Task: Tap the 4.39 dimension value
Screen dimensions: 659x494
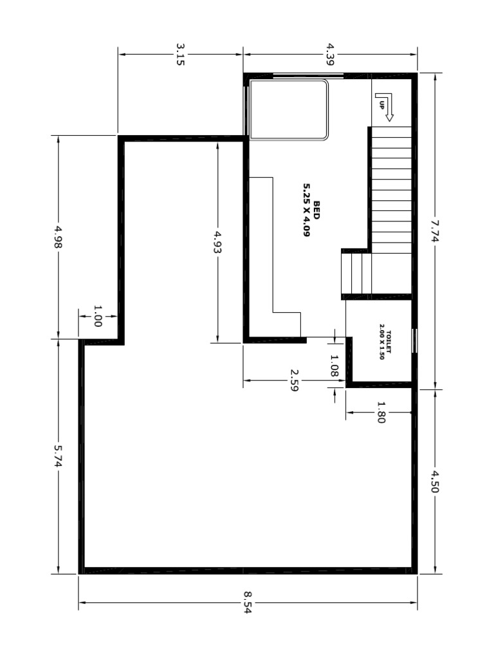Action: pos(330,55)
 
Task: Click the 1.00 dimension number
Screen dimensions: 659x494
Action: pos(98,316)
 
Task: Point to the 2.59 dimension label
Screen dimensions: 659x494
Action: pos(294,380)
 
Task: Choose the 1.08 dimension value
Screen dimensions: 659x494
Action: pos(334,366)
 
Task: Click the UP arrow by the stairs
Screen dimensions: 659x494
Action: pos(384,106)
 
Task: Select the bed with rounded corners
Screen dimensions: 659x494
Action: pos(289,110)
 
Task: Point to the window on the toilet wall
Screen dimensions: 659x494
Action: pos(414,341)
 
